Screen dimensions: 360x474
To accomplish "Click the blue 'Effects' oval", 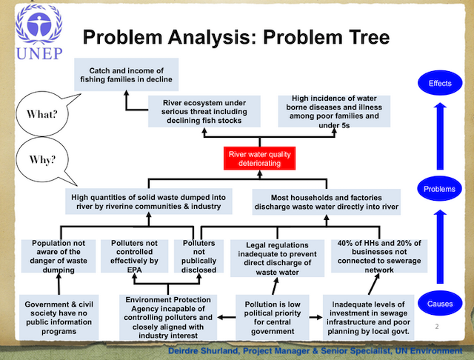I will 439,83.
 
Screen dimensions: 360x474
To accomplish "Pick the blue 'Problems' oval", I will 439,189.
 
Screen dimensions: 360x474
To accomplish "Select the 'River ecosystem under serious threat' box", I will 204,111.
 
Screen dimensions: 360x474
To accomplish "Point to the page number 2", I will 436,327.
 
